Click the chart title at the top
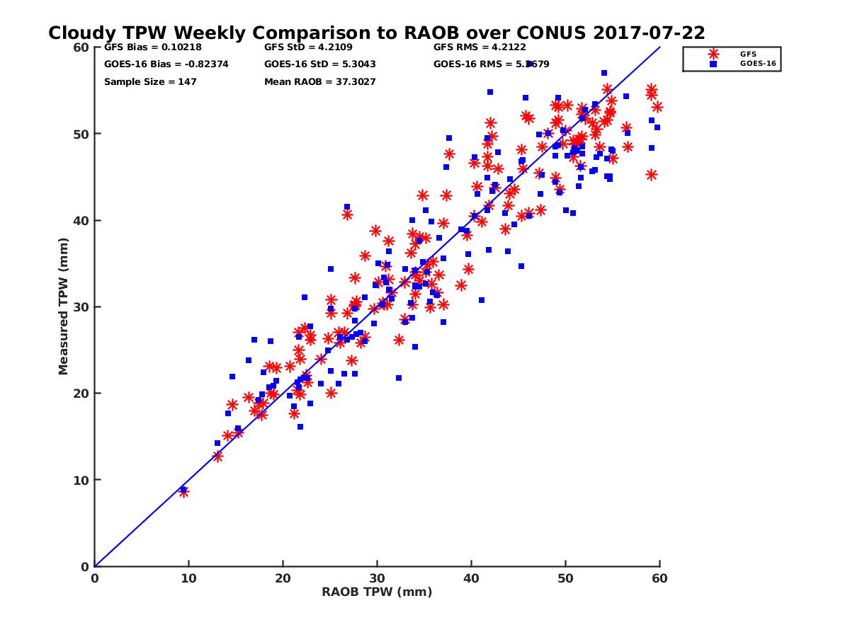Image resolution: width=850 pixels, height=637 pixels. (376, 33)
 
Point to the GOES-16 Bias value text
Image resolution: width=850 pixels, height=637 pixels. (166, 64)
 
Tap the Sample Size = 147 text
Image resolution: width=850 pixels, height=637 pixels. (150, 81)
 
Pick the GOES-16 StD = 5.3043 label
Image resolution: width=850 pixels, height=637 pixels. (319, 64)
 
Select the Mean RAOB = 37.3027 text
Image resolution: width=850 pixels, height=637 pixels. (319, 81)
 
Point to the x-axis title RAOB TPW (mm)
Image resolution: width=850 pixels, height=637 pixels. (377, 592)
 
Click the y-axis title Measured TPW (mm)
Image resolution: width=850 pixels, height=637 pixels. (63, 306)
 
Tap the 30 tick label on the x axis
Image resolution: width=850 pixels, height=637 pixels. (377, 578)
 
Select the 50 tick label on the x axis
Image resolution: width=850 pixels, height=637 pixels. (565, 578)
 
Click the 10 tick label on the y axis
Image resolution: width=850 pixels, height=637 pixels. (82, 480)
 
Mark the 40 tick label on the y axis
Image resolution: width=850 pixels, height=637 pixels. (82, 220)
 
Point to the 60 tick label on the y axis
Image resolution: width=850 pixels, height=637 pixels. (82, 47)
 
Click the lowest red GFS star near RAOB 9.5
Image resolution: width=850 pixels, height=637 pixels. (183, 492)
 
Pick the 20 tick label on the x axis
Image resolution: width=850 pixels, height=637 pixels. (283, 578)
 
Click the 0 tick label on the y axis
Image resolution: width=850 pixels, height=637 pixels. (85, 566)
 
